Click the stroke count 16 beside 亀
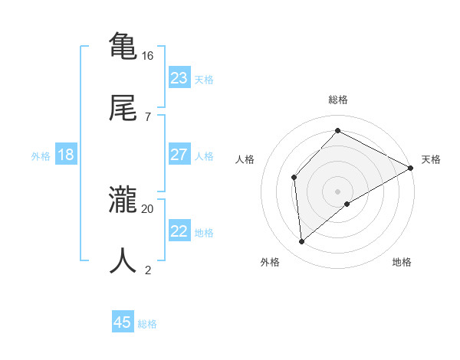coord(148,56)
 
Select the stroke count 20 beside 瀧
coord(148,208)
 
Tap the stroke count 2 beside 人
coord(148,269)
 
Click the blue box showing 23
coord(179,77)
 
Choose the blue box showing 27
coord(179,155)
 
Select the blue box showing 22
coord(179,231)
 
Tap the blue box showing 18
coord(66,155)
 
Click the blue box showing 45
coord(123,322)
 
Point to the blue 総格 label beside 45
coord(147,324)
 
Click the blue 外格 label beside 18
coord(41,156)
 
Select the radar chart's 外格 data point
coord(302,242)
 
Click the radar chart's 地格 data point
coord(347,204)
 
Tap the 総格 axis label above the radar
coord(338,100)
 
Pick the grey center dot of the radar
coord(338,191)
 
